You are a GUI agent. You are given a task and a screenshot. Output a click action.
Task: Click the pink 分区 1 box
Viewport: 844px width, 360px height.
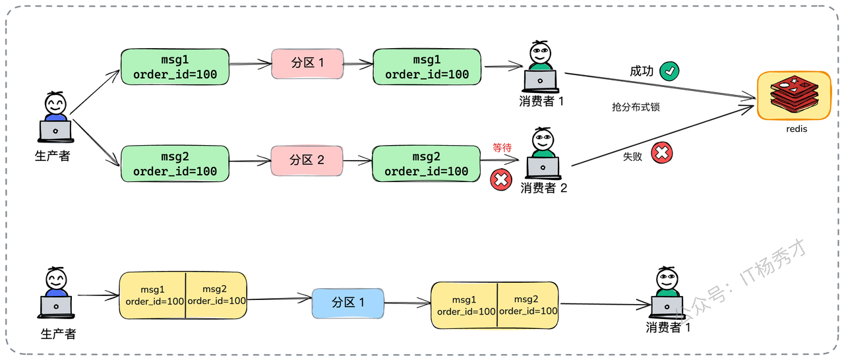(307, 64)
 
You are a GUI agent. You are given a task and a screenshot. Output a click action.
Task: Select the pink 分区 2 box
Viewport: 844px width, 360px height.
(307, 160)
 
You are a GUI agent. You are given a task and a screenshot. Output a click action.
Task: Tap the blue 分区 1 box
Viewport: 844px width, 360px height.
(347, 303)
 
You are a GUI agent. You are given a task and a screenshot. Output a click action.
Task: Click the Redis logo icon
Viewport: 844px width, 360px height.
(795, 94)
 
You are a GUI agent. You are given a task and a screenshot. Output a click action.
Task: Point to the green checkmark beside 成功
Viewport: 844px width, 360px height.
(669, 71)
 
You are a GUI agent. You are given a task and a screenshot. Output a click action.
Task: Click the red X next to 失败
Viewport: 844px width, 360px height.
(661, 152)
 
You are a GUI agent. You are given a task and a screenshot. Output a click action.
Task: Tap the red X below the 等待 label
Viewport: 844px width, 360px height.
(500, 179)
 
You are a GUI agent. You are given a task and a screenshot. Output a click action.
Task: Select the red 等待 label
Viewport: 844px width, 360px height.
(502, 147)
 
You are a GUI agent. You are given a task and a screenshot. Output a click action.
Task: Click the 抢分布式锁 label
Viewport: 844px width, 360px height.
(636, 107)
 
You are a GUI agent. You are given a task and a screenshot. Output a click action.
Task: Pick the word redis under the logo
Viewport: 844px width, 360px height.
(797, 129)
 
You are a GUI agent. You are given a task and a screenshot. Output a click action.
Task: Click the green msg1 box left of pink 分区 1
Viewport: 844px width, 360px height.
(175, 67)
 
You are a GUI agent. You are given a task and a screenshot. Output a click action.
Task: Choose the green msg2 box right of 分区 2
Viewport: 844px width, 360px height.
(426, 164)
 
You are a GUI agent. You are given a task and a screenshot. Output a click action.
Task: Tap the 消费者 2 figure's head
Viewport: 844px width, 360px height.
(543, 139)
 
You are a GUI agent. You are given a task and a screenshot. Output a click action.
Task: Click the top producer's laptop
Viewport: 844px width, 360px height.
(55, 131)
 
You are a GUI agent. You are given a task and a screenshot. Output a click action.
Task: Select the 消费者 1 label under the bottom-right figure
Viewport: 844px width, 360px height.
(668, 327)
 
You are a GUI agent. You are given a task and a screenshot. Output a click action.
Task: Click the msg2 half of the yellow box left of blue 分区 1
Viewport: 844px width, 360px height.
(216, 295)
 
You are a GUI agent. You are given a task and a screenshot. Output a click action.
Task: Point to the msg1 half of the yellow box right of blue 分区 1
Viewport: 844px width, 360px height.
(464, 305)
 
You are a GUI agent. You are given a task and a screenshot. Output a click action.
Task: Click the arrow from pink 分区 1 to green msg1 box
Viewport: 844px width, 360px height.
(358, 64)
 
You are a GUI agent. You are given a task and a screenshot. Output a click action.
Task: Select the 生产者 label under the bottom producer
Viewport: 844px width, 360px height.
(59, 334)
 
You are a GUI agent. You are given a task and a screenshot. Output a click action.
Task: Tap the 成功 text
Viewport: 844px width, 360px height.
(642, 71)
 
